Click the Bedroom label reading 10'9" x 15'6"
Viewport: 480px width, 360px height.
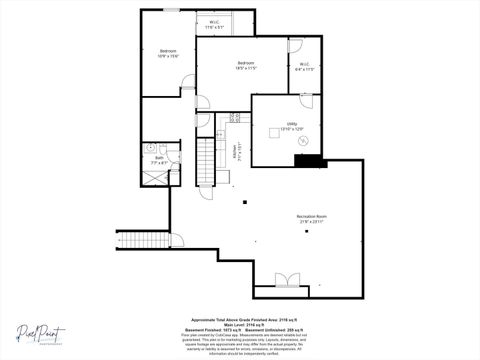[x=167, y=53]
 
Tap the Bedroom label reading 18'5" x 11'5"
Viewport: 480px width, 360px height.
[x=247, y=66]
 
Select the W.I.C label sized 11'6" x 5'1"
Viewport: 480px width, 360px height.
[x=215, y=25]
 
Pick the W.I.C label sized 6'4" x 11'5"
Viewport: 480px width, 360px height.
[x=304, y=67]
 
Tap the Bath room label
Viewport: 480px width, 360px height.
[x=159, y=159]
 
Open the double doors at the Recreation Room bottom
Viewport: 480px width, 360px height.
[x=286, y=280]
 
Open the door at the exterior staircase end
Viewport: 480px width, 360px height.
[x=176, y=240]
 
